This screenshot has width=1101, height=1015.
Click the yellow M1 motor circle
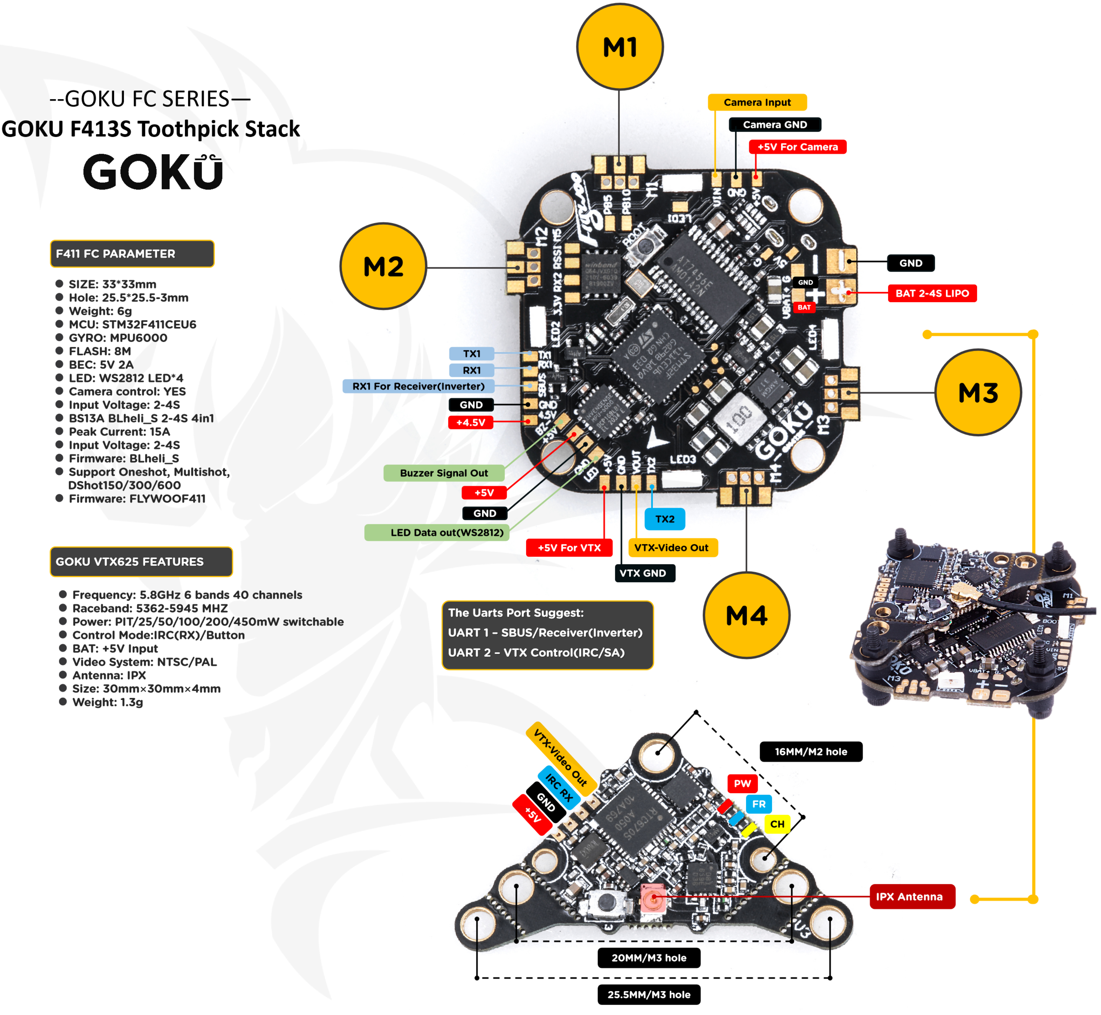tap(620, 47)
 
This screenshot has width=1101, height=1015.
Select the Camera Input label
tap(757, 102)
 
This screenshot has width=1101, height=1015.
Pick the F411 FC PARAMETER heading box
tap(132, 254)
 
